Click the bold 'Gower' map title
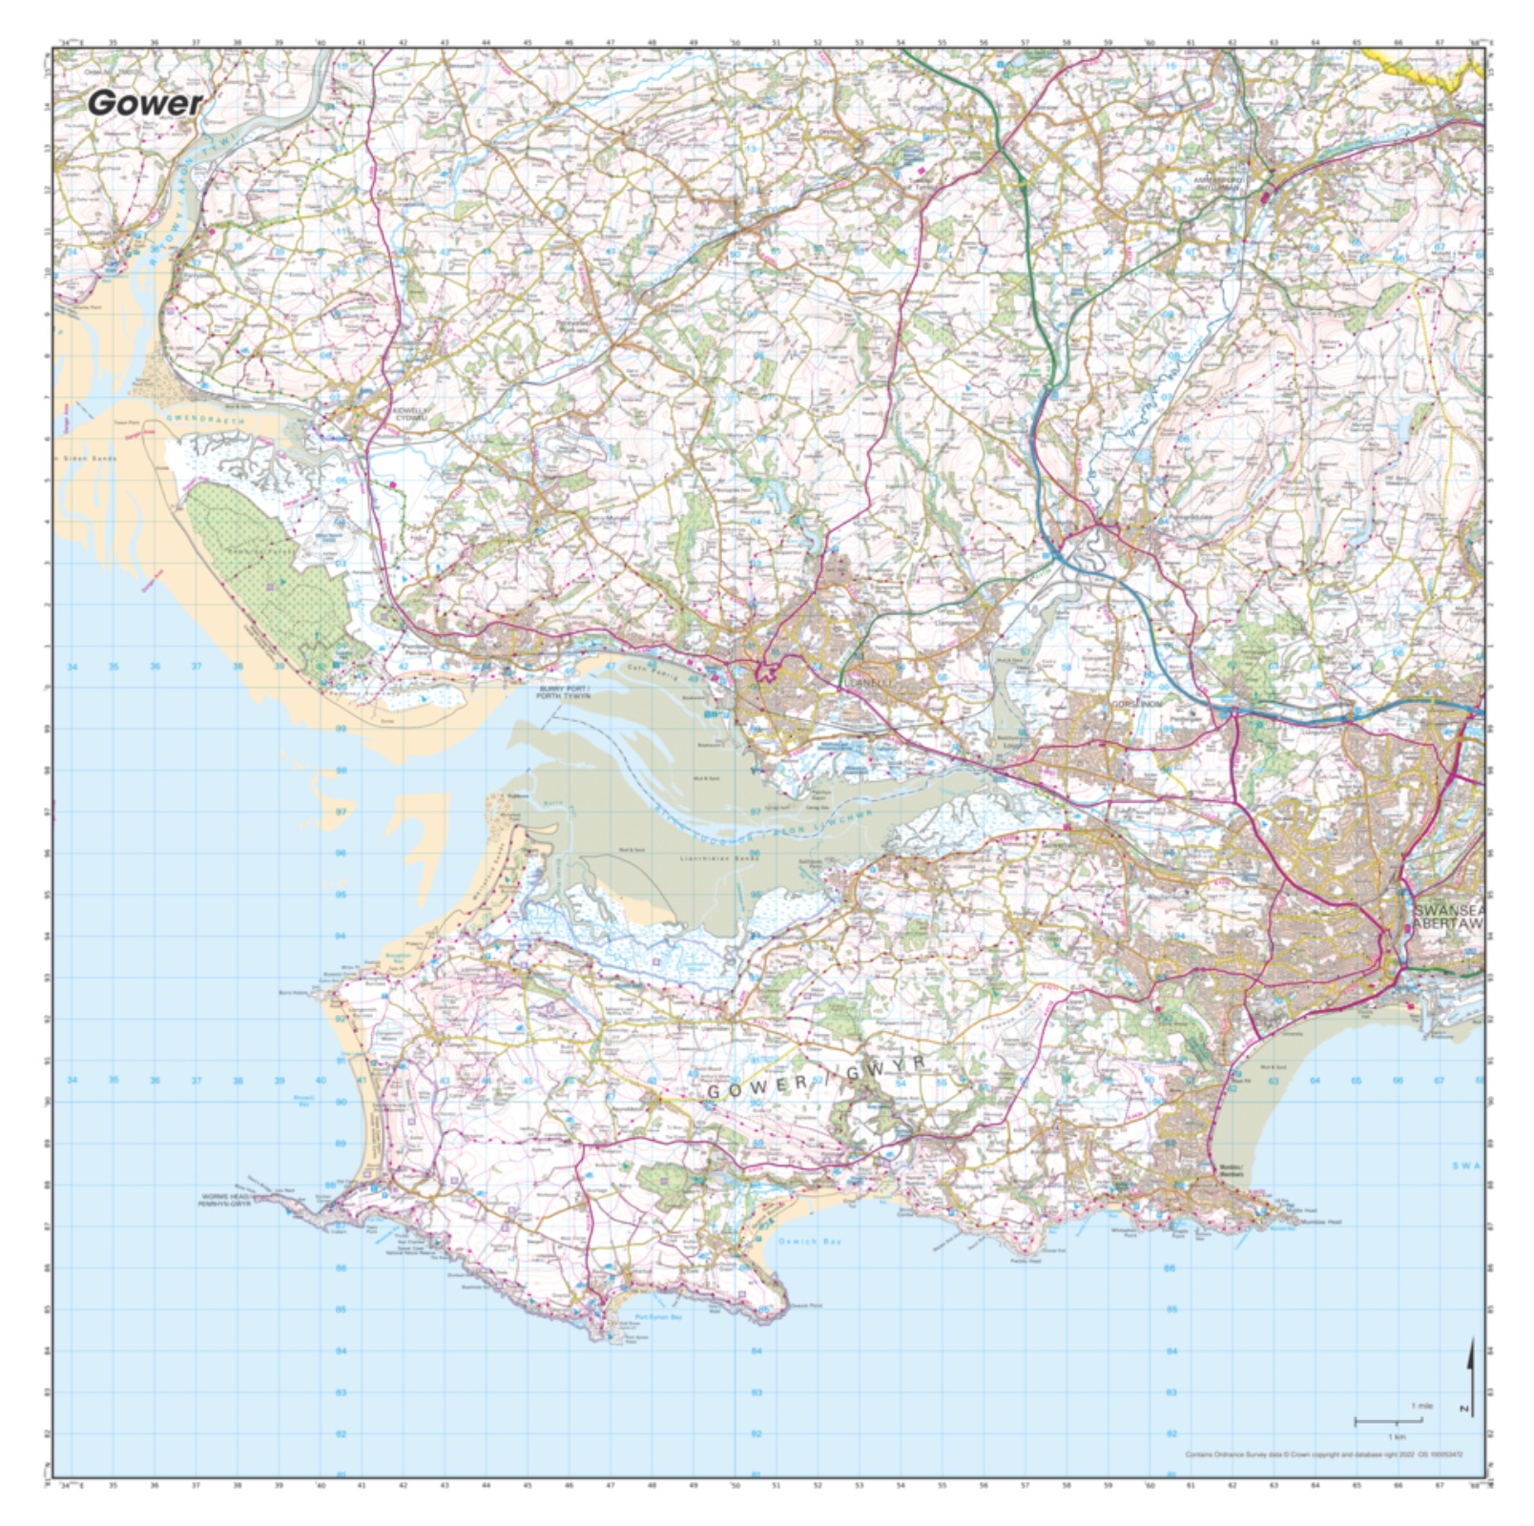145,103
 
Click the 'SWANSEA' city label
1449,912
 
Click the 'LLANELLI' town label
867,683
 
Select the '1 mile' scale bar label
1421,1407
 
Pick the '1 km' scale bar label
1397,1436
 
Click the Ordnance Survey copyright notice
1323,1455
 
